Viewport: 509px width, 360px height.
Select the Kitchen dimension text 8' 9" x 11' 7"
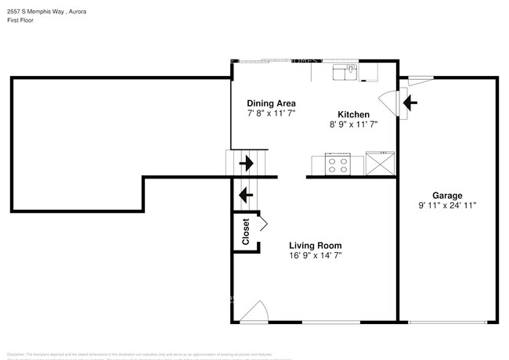(353, 124)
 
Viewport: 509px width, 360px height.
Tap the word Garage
(447, 196)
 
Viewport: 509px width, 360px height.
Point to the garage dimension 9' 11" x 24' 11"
(447, 206)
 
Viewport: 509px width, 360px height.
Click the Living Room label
(315, 245)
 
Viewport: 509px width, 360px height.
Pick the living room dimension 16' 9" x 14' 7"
(315, 255)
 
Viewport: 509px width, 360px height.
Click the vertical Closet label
(245, 232)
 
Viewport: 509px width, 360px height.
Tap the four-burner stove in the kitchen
(338, 165)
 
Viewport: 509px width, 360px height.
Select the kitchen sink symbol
(345, 73)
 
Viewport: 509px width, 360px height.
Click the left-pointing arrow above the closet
(245, 193)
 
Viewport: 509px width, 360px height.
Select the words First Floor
(20, 20)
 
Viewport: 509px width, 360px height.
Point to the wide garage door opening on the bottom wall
(446, 322)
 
